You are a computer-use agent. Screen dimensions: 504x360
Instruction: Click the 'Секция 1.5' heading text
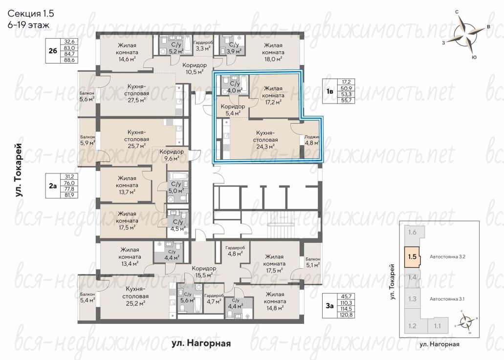coord(31,14)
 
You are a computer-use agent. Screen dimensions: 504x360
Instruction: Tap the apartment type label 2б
coord(53,51)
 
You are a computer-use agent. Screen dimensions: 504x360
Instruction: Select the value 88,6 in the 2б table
coord(69,60)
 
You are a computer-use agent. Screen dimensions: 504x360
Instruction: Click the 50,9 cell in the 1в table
coord(346,88)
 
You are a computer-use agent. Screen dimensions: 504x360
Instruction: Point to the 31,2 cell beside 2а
coord(69,177)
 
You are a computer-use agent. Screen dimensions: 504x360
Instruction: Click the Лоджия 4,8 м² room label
coord(312,140)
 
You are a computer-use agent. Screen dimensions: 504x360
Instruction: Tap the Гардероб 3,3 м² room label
coord(203,46)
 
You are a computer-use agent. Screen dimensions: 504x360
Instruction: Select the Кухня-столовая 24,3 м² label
coord(265,140)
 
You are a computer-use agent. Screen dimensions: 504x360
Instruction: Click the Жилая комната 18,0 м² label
coord(273,52)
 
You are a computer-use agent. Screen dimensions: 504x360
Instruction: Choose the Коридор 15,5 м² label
coord(204,272)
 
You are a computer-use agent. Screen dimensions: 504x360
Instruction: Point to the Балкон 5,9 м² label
coord(88,140)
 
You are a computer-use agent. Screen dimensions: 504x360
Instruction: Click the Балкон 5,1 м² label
coord(313,262)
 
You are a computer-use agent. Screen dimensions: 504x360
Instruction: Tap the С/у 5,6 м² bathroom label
coord(187,297)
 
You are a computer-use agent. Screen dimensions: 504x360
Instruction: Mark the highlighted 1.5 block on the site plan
coord(412,256)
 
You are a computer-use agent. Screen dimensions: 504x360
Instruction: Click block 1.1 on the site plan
coord(438,326)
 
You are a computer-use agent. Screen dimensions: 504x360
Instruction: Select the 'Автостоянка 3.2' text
coord(447,256)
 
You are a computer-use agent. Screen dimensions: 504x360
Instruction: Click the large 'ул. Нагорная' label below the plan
coord(201,343)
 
